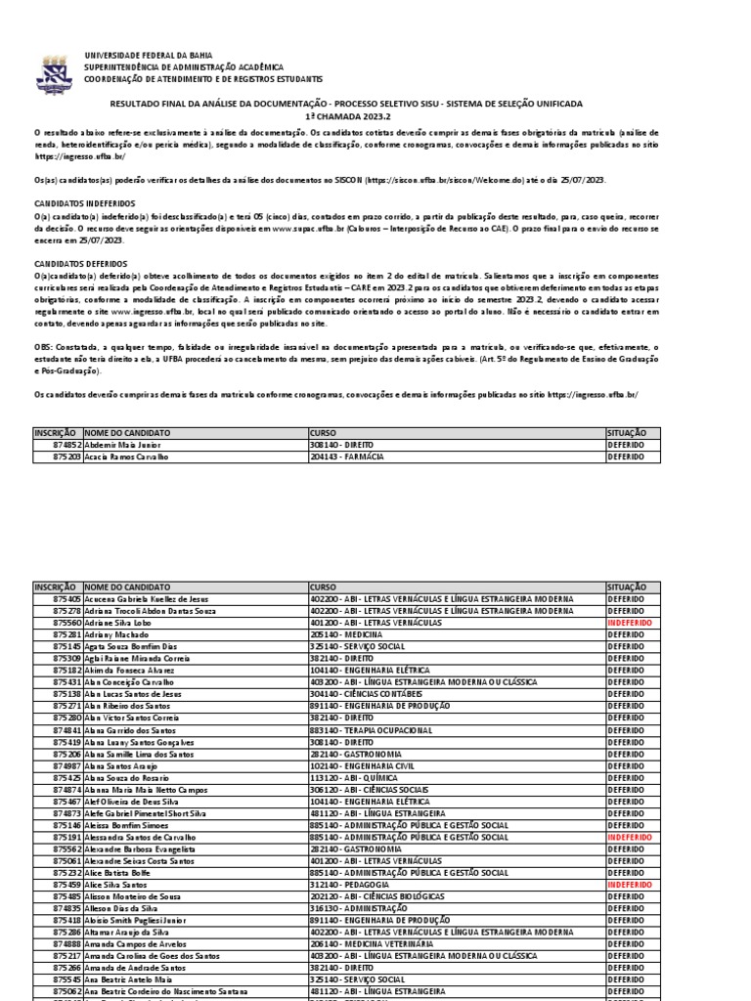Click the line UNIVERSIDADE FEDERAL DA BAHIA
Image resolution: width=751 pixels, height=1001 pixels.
pos(148,56)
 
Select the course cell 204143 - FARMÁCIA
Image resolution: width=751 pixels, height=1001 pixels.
pos(346,456)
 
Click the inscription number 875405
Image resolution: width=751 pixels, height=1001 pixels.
pos(66,598)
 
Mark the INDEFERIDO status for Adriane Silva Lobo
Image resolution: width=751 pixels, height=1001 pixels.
pos(629,622)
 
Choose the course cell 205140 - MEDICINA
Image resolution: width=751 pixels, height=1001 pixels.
pos(345,633)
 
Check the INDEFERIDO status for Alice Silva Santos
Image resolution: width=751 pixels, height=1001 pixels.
pos(629,884)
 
